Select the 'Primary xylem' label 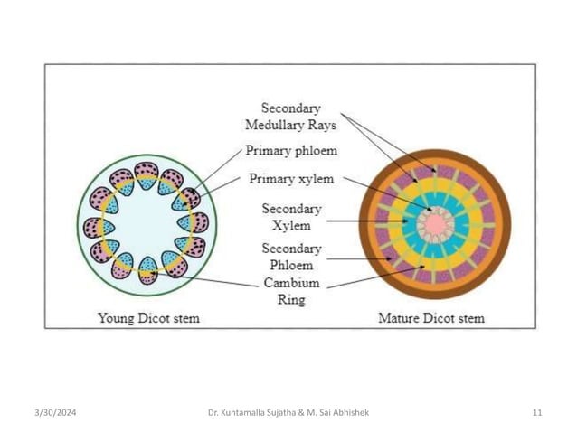point(291,179)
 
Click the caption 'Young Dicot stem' point(148,318)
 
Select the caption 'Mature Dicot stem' point(430,318)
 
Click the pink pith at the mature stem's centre point(435,221)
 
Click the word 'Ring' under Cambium point(288,300)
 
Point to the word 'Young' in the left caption point(115,318)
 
